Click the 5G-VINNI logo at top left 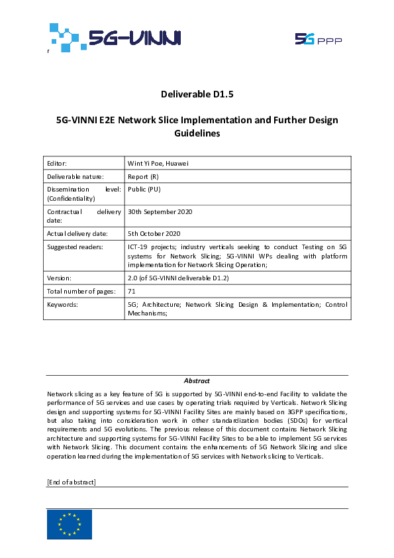coord(114,37)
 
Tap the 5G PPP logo coord(319,40)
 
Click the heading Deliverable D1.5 coord(197,94)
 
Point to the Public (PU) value coord(144,189)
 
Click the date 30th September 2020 coord(160,212)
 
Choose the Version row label coord(59,278)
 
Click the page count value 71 coord(131,292)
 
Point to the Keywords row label coord(63,304)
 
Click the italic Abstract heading coord(197,380)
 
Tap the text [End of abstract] coord(72,481)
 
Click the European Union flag coord(70,524)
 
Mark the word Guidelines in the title coord(197,133)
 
